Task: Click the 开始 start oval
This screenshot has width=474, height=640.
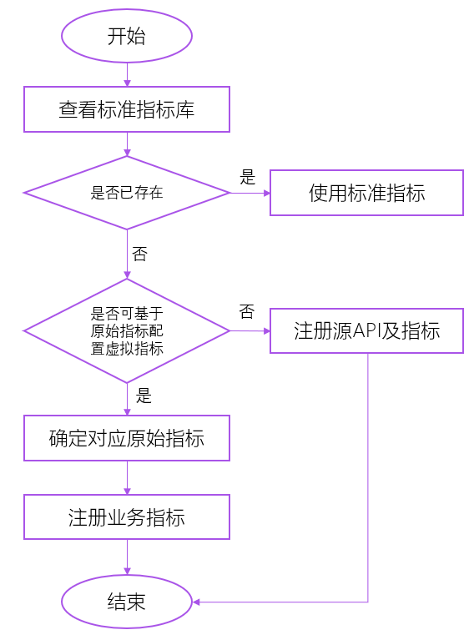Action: [x=127, y=36]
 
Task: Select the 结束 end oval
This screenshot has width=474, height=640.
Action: [x=127, y=602]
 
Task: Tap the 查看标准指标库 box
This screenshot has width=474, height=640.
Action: [x=127, y=109]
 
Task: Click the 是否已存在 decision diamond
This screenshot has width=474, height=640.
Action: [x=127, y=193]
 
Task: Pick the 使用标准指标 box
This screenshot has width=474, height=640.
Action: [x=366, y=193]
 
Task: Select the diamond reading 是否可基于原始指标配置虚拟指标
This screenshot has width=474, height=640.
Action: [x=127, y=331]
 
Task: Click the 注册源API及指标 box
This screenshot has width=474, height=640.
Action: [x=366, y=330]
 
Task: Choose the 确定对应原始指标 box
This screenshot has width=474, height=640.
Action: [x=127, y=438]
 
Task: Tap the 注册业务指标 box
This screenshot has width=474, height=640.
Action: [x=127, y=517]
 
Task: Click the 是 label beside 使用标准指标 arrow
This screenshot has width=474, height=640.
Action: [x=247, y=177]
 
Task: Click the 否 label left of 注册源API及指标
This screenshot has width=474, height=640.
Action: [x=246, y=312]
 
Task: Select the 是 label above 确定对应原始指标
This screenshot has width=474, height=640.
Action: [x=144, y=396]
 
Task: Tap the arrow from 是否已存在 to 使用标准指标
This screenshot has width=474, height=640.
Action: [x=250, y=193]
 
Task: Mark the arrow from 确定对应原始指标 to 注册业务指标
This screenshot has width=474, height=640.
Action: [x=127, y=477]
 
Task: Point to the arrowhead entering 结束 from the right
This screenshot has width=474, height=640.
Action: [x=198, y=602]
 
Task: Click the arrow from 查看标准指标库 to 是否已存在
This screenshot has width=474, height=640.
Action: [x=127, y=144]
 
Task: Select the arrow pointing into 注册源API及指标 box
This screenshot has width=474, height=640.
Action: [x=250, y=331]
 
